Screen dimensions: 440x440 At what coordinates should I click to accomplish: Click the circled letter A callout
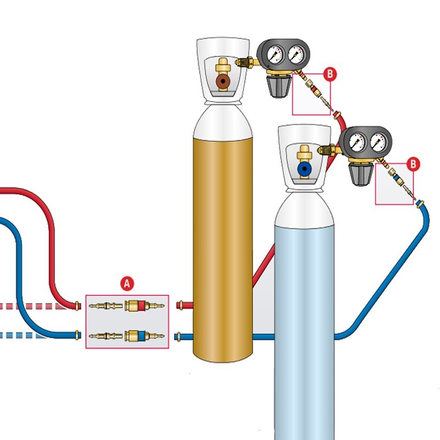click(x=127, y=284)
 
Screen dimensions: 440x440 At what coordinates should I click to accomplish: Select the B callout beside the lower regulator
click(x=413, y=163)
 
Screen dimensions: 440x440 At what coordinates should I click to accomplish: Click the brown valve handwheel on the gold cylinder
click(x=223, y=82)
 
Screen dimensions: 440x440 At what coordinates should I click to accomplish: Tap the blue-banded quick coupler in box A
click(x=138, y=335)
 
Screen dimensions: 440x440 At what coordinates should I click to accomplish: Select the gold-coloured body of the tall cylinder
click(x=223, y=237)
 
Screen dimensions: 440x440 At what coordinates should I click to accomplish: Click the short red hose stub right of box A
click(x=185, y=304)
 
